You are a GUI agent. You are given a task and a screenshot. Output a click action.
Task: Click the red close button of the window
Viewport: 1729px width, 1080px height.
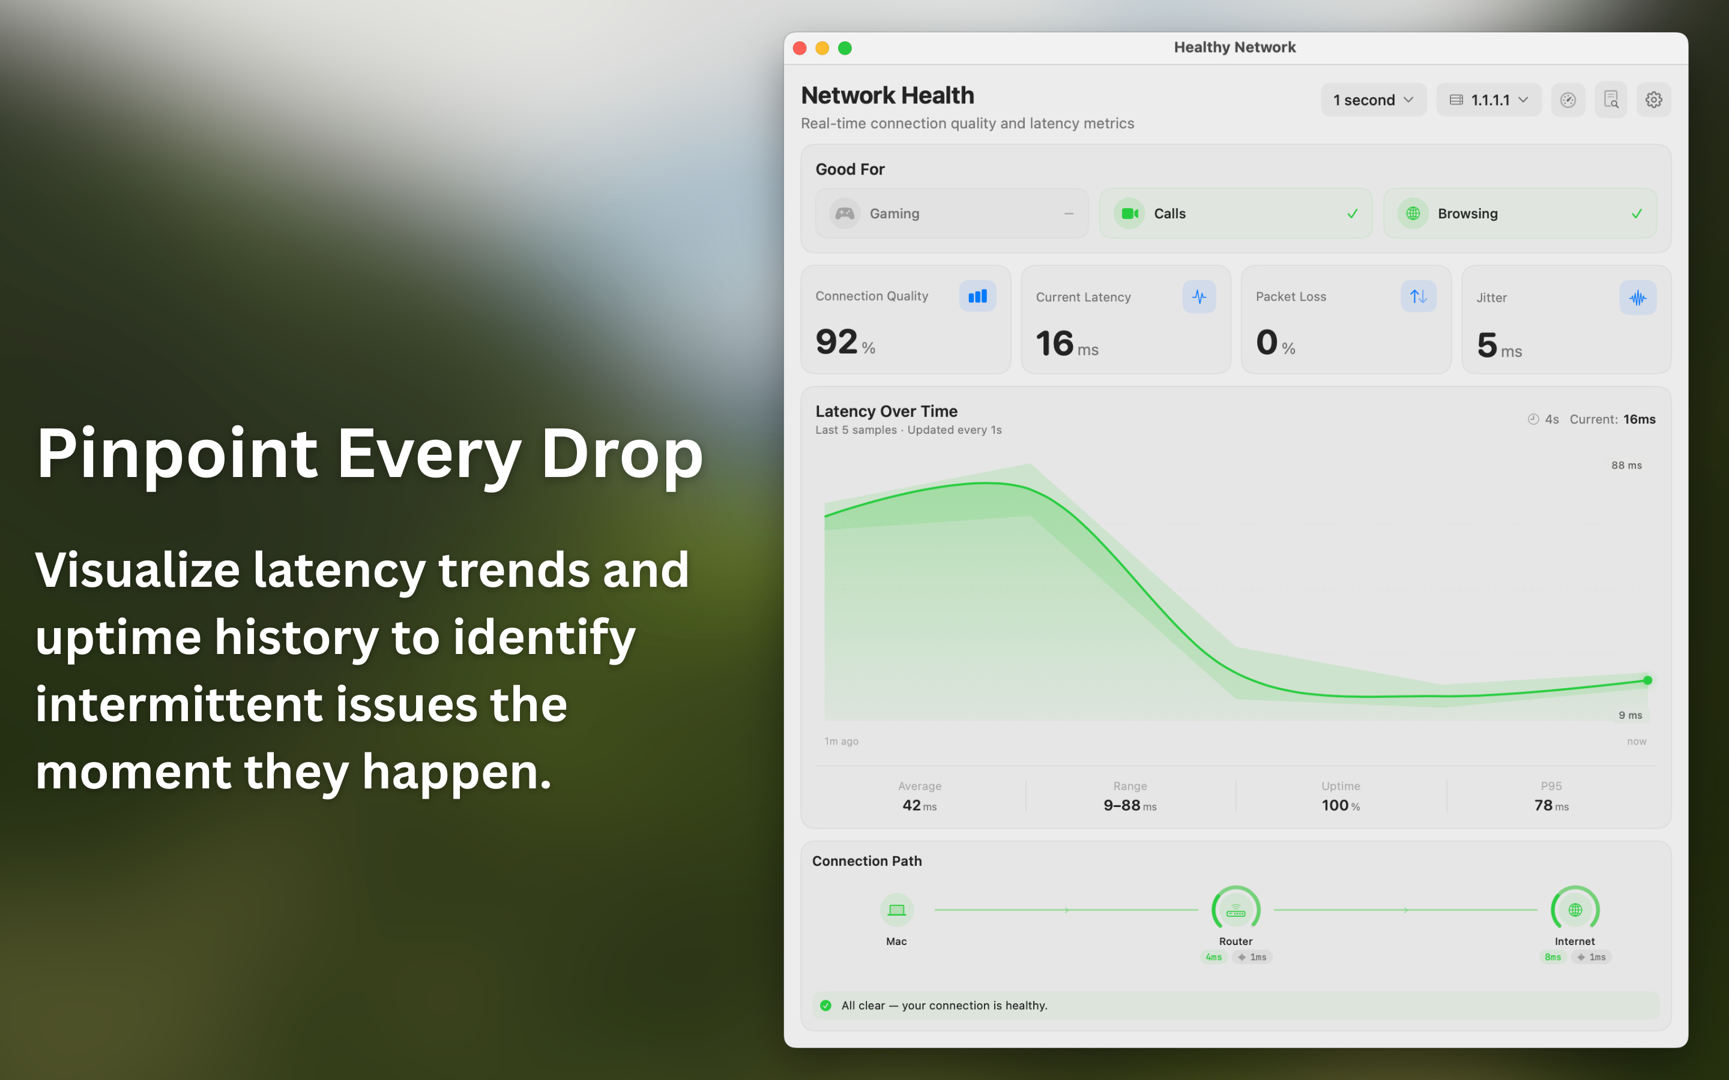coord(800,48)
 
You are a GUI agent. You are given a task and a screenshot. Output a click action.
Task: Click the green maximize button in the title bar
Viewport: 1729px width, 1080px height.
coord(845,48)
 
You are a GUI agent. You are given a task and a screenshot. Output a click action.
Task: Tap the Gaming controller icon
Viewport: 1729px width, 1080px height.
coord(845,214)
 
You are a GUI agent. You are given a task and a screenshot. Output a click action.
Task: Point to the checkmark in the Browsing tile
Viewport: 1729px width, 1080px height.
coord(1637,214)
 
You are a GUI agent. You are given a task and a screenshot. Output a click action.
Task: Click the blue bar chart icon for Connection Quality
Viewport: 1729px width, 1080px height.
coord(977,296)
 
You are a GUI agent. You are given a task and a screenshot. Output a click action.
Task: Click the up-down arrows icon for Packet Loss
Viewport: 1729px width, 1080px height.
coord(1418,296)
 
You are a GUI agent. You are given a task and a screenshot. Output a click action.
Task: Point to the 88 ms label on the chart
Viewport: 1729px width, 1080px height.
coord(1626,466)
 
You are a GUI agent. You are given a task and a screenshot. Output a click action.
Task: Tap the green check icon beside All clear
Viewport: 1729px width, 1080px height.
coord(826,1006)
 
